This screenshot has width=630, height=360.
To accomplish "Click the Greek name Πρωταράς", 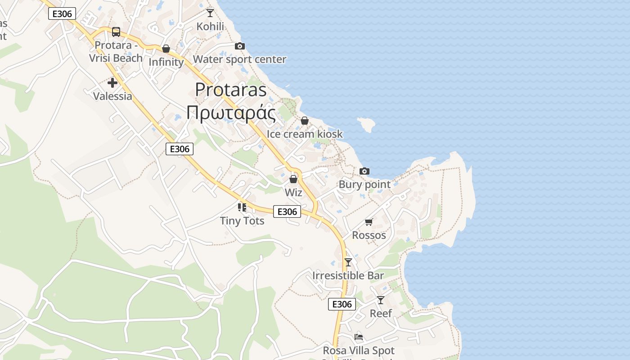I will point(231,113).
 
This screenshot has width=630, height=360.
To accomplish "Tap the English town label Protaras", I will point(231,90).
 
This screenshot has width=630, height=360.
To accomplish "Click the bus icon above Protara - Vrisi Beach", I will point(116,31).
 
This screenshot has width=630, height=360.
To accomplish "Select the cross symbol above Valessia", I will point(112,83).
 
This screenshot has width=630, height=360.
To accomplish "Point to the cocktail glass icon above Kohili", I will point(210,13).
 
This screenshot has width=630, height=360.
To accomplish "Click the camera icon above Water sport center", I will point(240,46).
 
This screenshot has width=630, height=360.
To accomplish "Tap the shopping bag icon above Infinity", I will point(166,49).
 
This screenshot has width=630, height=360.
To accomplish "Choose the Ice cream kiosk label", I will point(305,134).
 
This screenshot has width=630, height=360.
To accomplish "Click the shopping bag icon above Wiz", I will point(293,179).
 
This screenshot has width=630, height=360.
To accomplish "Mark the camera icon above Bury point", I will point(364,171).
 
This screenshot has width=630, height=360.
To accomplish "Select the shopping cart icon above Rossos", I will point(369,222).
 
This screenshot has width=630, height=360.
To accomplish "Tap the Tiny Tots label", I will point(242,220).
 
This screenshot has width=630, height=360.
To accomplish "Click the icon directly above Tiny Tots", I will point(242,207).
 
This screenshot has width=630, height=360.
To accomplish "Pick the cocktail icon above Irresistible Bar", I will point(348,262).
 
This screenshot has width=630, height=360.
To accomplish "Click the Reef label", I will point(381,313).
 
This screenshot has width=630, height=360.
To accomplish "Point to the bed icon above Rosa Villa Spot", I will point(359,337).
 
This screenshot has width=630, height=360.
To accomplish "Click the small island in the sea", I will point(367,124).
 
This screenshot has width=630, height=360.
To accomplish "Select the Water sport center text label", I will point(239,59).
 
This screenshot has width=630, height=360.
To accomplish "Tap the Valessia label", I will point(112,96).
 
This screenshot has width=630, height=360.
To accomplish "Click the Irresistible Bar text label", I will point(348,275).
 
